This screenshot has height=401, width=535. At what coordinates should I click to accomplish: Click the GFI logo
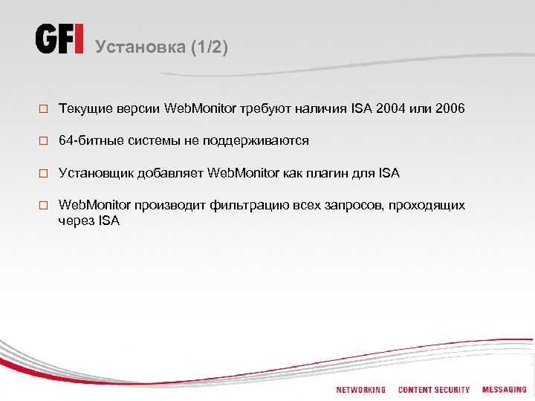(60, 39)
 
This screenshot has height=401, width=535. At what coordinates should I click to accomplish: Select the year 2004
(391, 109)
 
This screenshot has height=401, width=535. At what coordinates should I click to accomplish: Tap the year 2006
(450, 109)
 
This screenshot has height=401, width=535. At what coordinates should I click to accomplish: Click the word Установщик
(94, 173)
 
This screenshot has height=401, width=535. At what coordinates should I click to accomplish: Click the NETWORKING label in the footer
(360, 389)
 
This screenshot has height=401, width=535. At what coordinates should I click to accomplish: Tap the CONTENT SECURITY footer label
(434, 389)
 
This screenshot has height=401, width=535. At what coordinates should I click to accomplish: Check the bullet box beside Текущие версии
(44, 110)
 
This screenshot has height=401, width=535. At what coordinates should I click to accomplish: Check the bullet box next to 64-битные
(44, 142)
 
